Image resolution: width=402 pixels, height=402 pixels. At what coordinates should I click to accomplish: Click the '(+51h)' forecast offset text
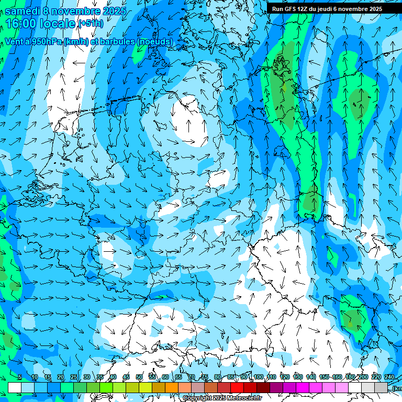pyautogui.click(x=90, y=24)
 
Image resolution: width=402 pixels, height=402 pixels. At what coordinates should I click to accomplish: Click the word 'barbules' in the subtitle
pyautogui.click(x=118, y=41)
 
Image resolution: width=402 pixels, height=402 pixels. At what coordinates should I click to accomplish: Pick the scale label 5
pyautogui.click(x=20, y=377)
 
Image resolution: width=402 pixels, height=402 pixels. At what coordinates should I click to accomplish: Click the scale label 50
pyautogui.click(x=139, y=377)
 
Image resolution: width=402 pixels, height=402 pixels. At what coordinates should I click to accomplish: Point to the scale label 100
pyautogui.click(x=258, y=377)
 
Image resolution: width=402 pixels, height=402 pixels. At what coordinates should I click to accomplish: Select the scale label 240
pyautogui.click(x=389, y=377)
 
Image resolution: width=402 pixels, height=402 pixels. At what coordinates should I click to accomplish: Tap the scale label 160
pyautogui.click(x=337, y=377)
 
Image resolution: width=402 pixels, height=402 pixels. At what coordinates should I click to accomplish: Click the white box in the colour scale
pyautogui.click(x=15, y=387)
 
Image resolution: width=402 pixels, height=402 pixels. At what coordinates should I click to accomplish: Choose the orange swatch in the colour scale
pyautogui.click(x=172, y=387)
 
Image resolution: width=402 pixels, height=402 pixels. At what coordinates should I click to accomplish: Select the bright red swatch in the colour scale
pyautogui.click(x=237, y=387)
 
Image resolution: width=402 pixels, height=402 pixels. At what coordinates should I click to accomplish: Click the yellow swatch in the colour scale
pyautogui.click(x=146, y=387)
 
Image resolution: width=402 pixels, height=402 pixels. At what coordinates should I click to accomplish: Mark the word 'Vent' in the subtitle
pyautogui.click(x=14, y=41)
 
